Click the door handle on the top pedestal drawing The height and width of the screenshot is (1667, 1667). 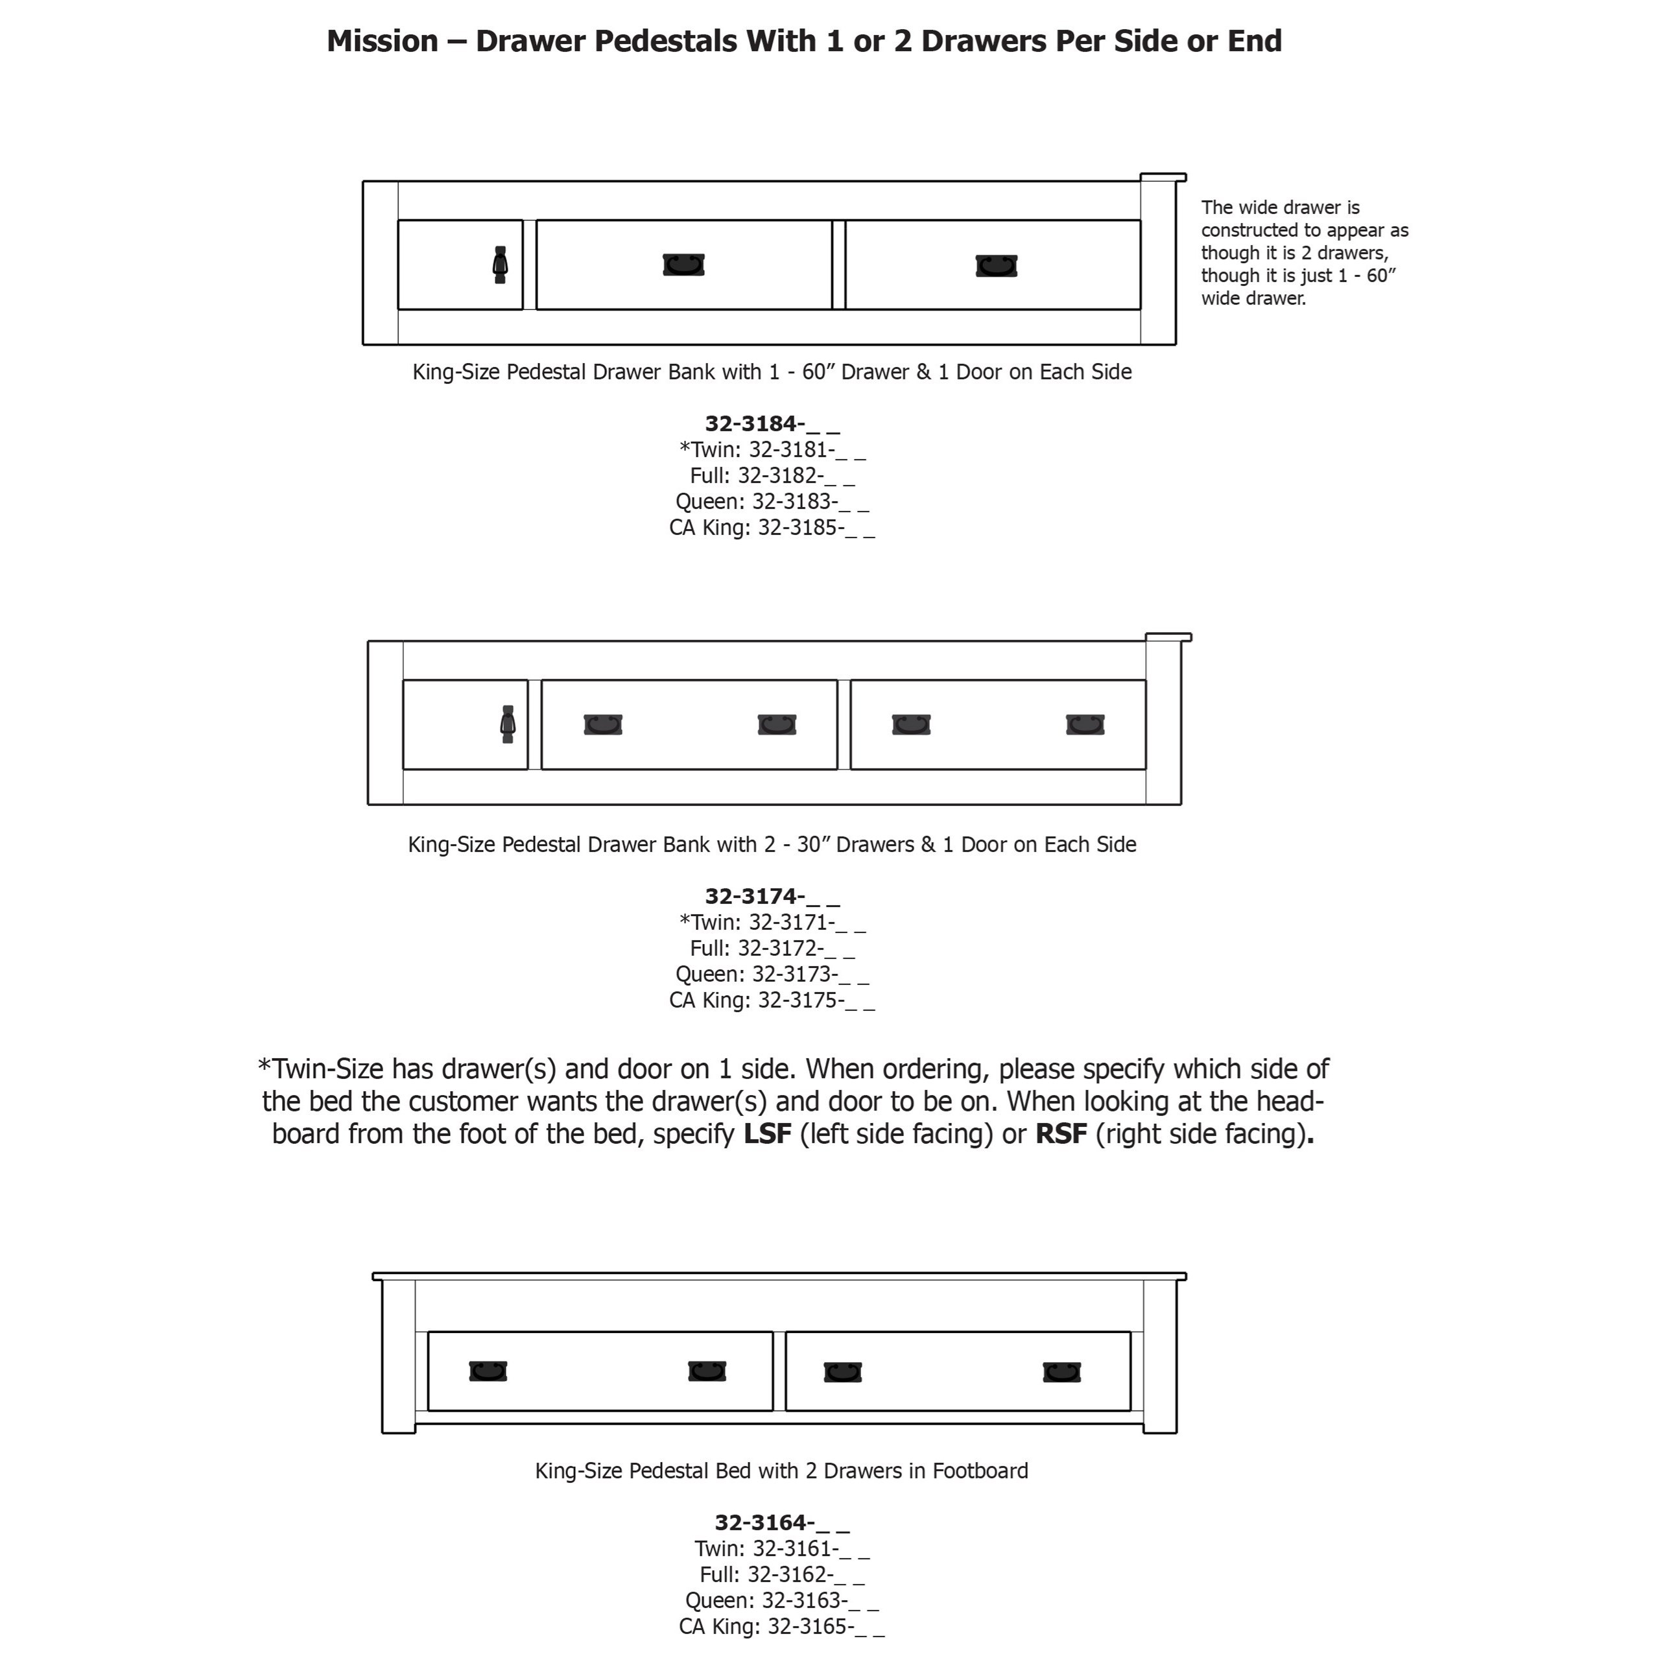pos(500,265)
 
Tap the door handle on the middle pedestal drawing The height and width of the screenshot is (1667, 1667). pos(507,725)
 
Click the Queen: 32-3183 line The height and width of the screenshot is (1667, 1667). pos(772,501)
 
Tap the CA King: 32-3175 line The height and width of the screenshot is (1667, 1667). pos(772,1000)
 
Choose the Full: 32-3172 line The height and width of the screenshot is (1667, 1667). pos(772,948)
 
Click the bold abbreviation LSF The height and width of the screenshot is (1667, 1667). pos(767,1134)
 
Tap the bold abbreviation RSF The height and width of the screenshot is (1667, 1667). pos(1060,1134)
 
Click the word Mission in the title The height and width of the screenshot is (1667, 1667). pos(383,41)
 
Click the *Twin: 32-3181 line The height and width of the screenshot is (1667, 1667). pos(772,449)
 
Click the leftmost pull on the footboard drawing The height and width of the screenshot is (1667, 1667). pos(488,1372)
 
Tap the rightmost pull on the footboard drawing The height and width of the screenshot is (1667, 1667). pos(1061,1372)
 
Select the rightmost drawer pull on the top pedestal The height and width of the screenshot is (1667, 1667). pos(997,265)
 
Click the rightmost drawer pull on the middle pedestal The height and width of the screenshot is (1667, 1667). pos(1085,725)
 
